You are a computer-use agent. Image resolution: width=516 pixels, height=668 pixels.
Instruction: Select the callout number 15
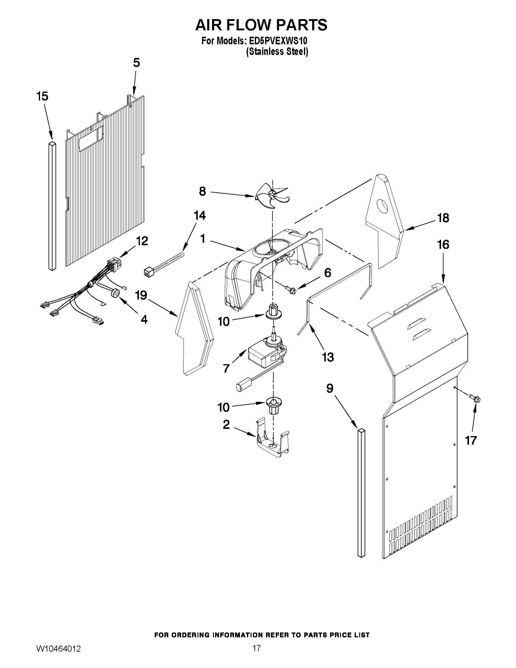(x=42, y=96)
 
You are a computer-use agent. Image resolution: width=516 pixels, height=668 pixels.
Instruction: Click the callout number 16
(x=443, y=245)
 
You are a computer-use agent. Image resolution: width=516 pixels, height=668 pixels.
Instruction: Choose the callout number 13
(x=328, y=357)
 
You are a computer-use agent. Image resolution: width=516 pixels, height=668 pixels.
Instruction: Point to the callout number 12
(x=142, y=241)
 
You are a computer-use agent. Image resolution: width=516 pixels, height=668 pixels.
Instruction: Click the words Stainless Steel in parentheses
(x=277, y=52)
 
